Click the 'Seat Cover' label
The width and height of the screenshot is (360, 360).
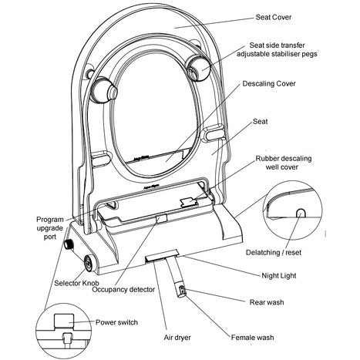274,17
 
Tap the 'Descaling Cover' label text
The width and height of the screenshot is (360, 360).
269,83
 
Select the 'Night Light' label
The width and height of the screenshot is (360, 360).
279,276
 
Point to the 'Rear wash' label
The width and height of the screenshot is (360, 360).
267,302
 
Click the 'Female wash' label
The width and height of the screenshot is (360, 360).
252,337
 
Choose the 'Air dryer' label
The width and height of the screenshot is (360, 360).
177,337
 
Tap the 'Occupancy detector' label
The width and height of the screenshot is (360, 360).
123,290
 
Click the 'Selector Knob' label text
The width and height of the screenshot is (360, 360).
76,283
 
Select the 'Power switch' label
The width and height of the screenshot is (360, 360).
116,322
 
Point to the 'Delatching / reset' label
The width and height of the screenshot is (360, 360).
274,252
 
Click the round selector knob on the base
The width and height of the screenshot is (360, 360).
90,264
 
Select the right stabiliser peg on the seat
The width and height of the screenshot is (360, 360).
199,69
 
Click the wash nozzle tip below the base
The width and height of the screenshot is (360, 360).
182,291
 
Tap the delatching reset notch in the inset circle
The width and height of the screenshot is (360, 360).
301,213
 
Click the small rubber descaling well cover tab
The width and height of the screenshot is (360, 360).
189,202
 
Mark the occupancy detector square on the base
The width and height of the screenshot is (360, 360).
162,219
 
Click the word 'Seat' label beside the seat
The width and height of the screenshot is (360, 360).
260,121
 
